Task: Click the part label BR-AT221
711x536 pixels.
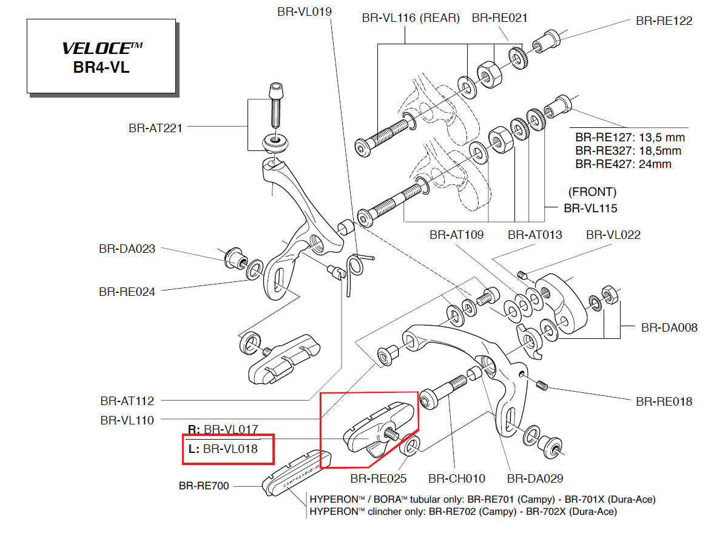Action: (x=155, y=128)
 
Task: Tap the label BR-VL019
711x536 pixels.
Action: (x=304, y=10)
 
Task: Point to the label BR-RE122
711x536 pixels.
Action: (x=664, y=21)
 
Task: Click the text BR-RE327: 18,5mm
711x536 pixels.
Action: (x=628, y=151)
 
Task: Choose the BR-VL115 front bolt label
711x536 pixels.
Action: (x=590, y=209)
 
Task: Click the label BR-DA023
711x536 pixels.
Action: (x=127, y=249)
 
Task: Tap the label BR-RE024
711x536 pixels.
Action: (x=127, y=292)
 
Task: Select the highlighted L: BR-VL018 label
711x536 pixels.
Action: (x=223, y=449)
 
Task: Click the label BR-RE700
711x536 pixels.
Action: (x=204, y=486)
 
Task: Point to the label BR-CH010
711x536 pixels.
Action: (x=457, y=478)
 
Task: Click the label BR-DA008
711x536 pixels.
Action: (x=669, y=327)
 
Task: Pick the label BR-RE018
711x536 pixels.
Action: (x=664, y=401)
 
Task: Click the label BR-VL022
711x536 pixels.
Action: (x=613, y=235)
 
